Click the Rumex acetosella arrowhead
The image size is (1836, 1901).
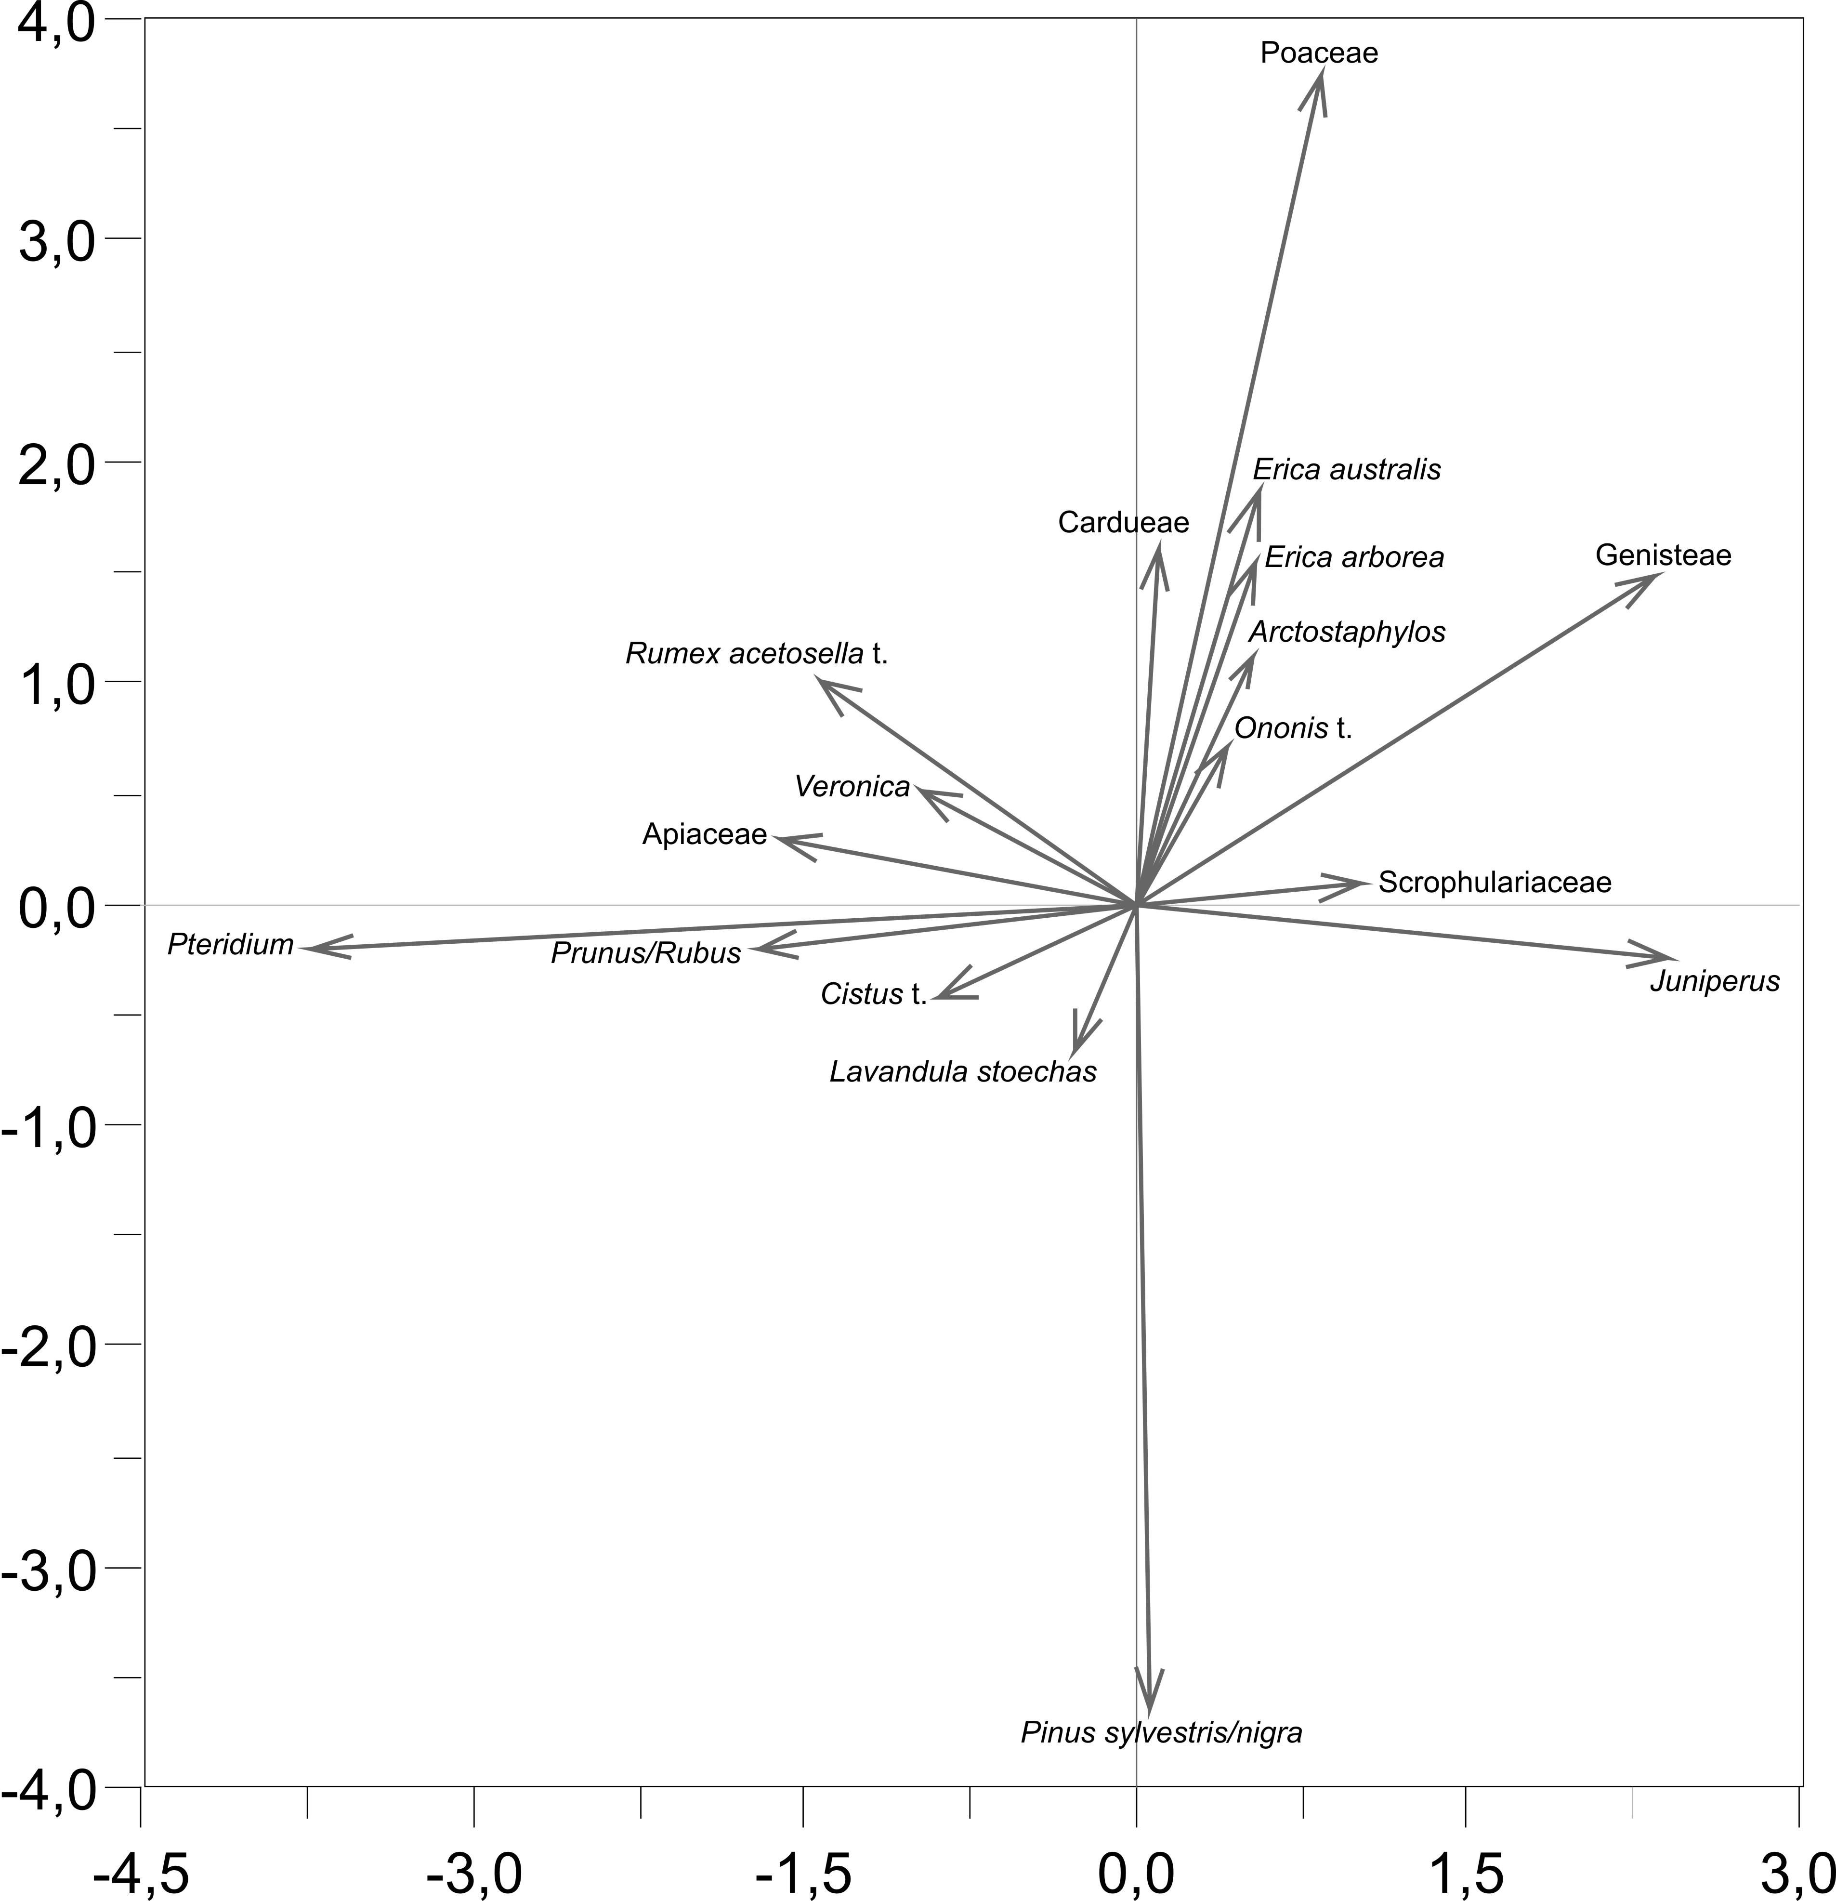click(x=820, y=681)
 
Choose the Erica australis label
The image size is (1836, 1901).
click(x=1346, y=469)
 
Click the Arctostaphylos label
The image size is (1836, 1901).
click(x=1346, y=632)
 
